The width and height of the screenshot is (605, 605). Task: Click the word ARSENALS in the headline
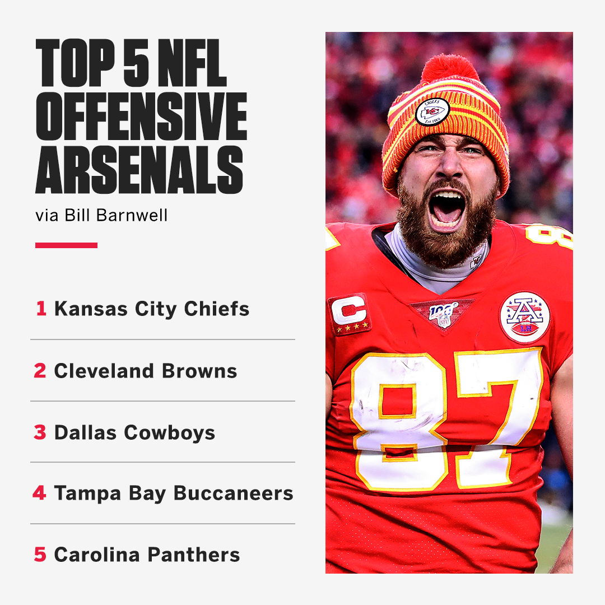pos(139,170)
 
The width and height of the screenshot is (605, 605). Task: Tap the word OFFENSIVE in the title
pos(141,116)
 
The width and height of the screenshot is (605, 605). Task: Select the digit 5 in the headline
pos(136,63)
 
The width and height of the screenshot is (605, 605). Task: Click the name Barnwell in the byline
pos(132,215)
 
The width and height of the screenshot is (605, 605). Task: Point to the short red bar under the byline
pos(66,245)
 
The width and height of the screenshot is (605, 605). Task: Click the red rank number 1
pos(41,309)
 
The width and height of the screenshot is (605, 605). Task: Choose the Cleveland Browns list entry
pos(146,371)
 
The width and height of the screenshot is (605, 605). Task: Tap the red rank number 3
pos(40,432)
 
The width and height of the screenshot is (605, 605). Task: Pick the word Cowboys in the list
pos(169,433)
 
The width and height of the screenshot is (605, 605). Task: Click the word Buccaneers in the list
pos(234,493)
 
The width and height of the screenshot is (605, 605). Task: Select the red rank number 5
pos(40,555)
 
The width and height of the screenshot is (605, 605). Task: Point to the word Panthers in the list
pos(194,555)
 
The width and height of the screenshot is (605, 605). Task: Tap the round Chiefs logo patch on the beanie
pos(432,111)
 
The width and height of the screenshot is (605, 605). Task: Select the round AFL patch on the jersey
pos(524,317)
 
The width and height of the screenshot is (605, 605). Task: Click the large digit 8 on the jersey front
pos(399,421)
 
